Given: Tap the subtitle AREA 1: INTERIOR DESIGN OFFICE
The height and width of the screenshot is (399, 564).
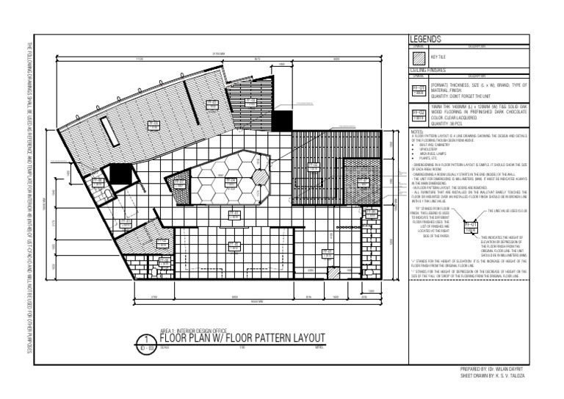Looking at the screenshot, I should pos(193,330).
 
